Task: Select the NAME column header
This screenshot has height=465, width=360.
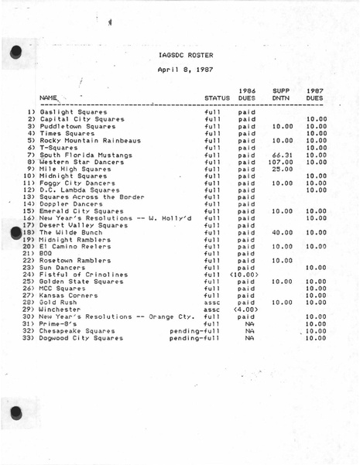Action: click(x=48, y=98)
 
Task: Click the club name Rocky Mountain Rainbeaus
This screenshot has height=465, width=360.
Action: click(x=90, y=141)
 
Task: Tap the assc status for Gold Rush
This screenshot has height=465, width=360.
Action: click(x=212, y=303)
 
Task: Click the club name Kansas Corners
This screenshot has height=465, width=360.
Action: click(x=66, y=296)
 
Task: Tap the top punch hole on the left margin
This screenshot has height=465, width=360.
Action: click(x=13, y=53)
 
